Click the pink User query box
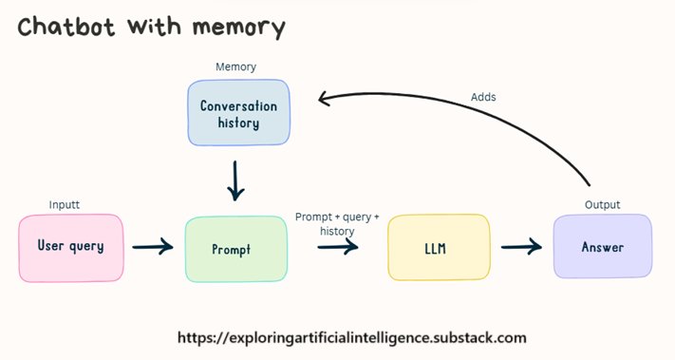coord(70,247)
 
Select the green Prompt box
coord(235,249)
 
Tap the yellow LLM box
coord(439,248)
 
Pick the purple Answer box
coord(603,247)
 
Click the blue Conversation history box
coord(238,113)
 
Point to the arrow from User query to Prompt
coord(153,248)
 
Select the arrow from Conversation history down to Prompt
coord(235,179)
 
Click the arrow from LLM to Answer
coord(521,247)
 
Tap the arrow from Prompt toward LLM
coord(338,247)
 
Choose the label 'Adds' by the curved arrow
coord(483,97)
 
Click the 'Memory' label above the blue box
coord(235,67)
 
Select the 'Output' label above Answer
coord(602,204)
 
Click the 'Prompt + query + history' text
coord(337,224)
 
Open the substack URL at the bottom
coord(351,337)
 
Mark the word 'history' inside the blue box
coord(238,123)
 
